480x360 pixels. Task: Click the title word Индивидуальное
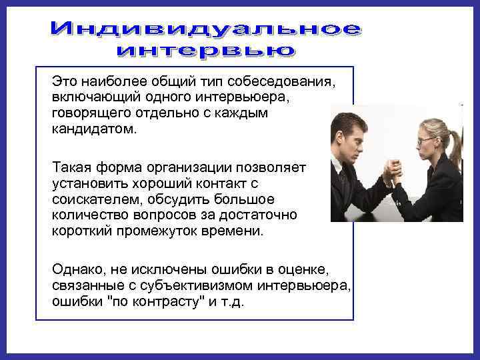pyautogui.click(x=207, y=29)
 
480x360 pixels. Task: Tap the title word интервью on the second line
pyautogui.click(x=206, y=50)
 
